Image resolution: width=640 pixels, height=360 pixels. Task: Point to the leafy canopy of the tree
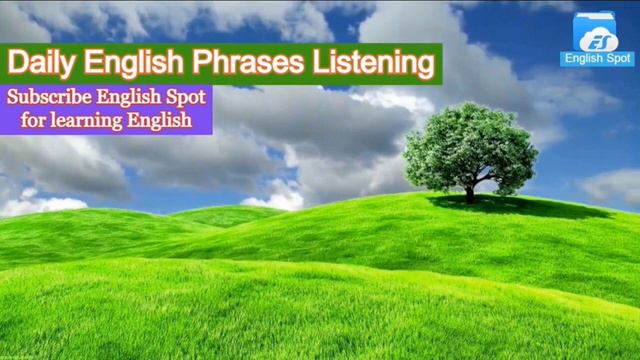pyautogui.click(x=469, y=147)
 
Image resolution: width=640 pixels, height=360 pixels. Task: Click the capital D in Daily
pyautogui.click(x=16, y=63)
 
